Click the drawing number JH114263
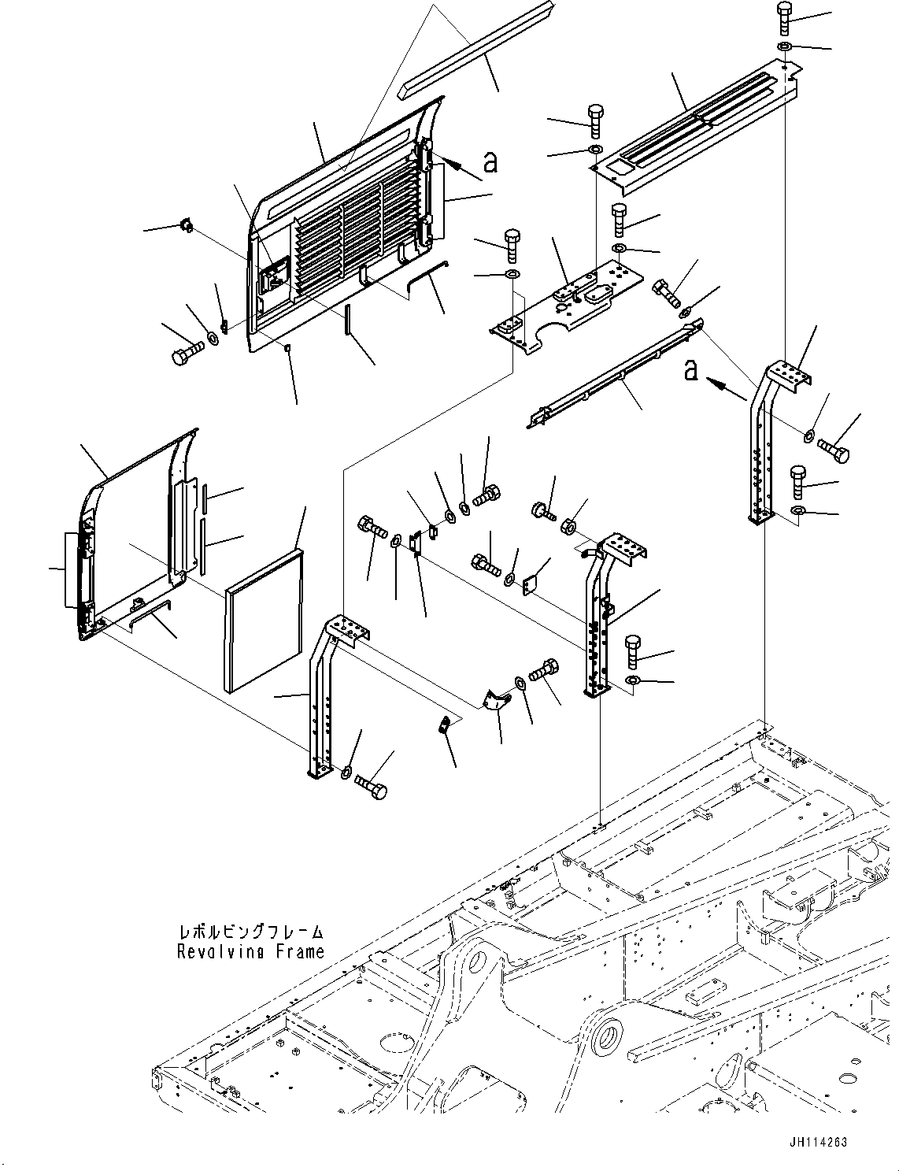click(816, 1140)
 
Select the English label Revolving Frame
click(250, 951)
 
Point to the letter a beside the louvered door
click(490, 161)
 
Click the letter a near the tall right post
click(691, 369)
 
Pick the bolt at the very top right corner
click(786, 17)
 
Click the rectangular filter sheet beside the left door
click(264, 622)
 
